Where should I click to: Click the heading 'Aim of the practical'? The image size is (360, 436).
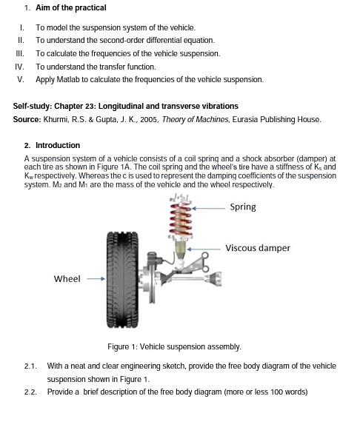70,8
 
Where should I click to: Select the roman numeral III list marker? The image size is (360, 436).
20,54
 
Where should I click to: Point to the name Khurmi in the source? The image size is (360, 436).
56,120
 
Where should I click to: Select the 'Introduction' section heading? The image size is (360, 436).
58,146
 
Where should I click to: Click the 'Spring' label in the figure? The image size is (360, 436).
242,207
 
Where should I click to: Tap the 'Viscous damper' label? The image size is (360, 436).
257,248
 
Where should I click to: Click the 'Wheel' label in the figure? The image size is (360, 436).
67,279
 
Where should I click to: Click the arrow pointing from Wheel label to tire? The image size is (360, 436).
96,279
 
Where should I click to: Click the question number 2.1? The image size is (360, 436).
30,366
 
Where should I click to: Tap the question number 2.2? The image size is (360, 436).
30,392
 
